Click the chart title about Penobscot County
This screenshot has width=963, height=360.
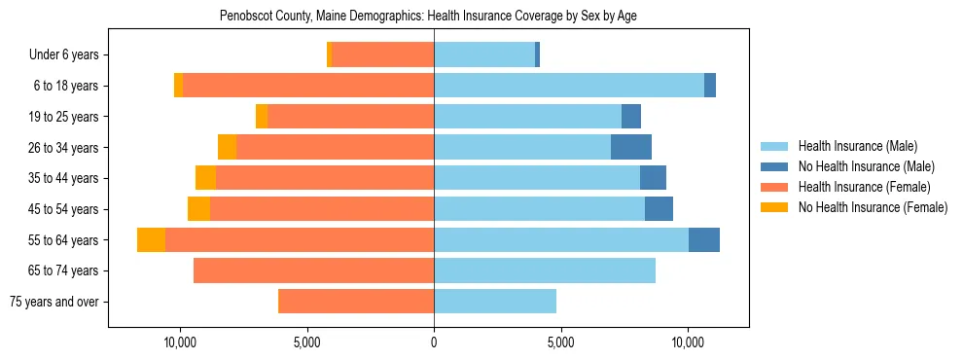(428, 17)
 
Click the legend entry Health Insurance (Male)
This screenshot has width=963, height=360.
(856, 146)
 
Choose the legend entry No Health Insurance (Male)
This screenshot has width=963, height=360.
(865, 166)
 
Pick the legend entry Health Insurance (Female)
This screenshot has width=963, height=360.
(864, 187)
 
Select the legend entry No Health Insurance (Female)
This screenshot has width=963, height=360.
(873, 207)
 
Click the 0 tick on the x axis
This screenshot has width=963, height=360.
(434, 342)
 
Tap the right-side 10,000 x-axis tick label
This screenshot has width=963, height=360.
(688, 342)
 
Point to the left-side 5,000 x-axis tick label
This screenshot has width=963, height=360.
(306, 342)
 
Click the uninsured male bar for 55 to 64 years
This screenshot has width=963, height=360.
(704, 239)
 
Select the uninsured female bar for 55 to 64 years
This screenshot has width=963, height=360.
(151, 239)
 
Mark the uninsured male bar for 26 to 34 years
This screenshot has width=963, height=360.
(631, 147)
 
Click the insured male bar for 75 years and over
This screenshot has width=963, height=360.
(495, 302)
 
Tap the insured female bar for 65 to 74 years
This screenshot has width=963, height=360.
(313, 270)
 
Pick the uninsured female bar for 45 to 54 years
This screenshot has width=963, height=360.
(198, 209)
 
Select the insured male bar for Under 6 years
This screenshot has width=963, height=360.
(484, 54)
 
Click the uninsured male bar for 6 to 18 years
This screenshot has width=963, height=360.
(710, 86)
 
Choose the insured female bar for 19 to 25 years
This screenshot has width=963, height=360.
(350, 117)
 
